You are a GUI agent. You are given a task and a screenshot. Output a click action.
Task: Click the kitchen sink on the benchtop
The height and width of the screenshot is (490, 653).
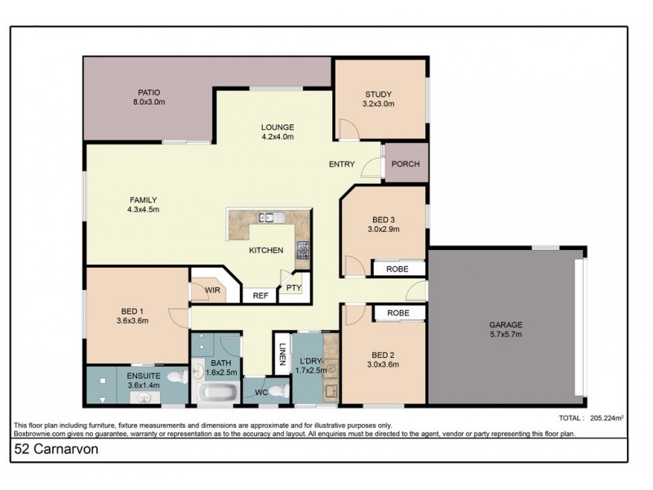pos(269,217)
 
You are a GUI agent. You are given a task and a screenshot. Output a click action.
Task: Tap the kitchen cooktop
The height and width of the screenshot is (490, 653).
pos(302,248)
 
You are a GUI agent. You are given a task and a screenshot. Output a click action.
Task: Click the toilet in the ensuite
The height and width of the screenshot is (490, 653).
pos(175,376)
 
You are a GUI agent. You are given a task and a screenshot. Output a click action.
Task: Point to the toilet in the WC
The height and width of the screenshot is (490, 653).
pos(278,390)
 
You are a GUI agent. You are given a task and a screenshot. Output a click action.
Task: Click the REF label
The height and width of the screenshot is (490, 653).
pos(260,296)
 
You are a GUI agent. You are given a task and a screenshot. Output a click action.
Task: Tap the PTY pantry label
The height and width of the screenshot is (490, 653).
pos(293,287)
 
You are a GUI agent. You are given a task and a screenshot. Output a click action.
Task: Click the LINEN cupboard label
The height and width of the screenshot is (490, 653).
pos(281,354)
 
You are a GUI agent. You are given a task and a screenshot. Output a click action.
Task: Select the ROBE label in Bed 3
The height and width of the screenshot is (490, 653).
pos(398,267)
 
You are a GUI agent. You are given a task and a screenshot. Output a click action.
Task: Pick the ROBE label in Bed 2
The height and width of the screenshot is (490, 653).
pos(398,313)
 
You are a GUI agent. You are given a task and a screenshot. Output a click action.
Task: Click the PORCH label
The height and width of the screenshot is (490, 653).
pos(406,164)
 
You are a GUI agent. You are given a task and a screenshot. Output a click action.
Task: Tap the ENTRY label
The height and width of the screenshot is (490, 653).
pos(341,164)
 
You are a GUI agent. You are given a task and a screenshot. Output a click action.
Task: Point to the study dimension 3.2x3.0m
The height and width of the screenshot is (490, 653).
pos(378,104)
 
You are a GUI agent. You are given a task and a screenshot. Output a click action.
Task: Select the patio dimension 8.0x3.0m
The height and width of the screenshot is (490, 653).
pos(149,102)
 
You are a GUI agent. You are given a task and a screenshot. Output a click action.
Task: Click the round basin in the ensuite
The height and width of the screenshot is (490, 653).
pos(144,397)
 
